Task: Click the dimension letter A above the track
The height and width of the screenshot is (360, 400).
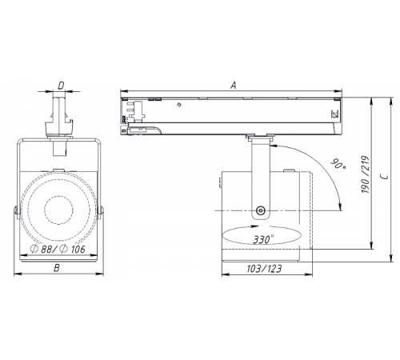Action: [233, 82]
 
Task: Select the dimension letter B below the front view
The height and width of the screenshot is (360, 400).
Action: [55, 269]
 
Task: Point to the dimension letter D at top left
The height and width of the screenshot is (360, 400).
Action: [61, 84]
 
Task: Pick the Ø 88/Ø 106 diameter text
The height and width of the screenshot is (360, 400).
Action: [58, 249]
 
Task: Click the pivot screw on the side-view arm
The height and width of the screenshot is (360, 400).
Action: [260, 211]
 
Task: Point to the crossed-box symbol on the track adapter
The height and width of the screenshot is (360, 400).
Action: [335, 115]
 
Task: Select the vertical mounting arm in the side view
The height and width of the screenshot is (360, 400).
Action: [260, 172]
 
